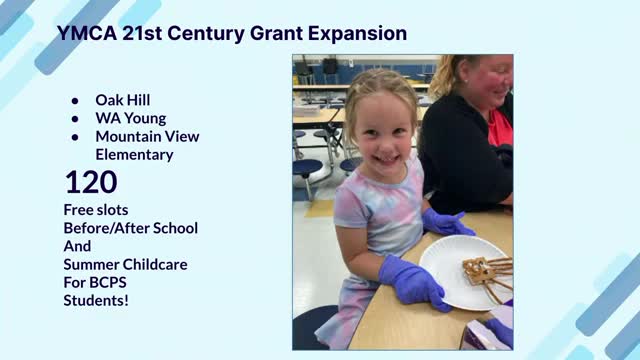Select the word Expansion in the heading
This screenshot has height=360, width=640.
pyautogui.click(x=349, y=33)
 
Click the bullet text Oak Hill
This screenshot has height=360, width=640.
pyautogui.click(x=124, y=100)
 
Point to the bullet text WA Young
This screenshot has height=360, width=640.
pyautogui.click(x=131, y=118)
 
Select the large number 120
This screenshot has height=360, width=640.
pyautogui.click(x=91, y=182)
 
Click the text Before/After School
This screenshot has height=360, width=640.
pyautogui.click(x=130, y=228)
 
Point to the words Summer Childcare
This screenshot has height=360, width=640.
pyautogui.click(x=125, y=264)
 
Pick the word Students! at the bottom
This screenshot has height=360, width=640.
pyautogui.click(x=96, y=300)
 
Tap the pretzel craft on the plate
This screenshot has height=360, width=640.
pyautogui.click(x=485, y=272)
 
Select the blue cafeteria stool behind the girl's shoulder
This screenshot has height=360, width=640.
pyautogui.click(x=307, y=168)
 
